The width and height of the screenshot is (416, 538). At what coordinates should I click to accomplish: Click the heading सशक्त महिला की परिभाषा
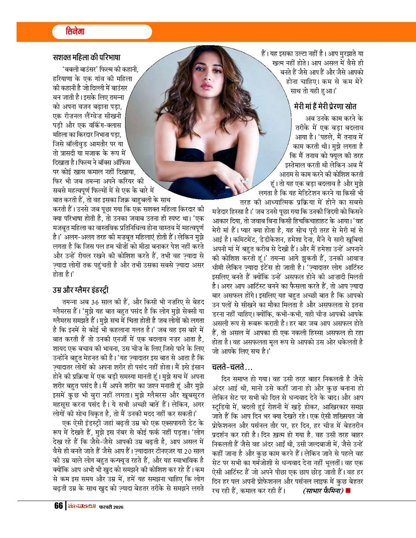click(x=86, y=58)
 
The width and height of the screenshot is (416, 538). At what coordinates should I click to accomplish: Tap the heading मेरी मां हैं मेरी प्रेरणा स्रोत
click(x=325, y=106)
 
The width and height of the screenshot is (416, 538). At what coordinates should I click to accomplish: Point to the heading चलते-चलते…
click(x=232, y=366)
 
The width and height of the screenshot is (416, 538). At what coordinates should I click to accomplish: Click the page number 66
click(x=58, y=506)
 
